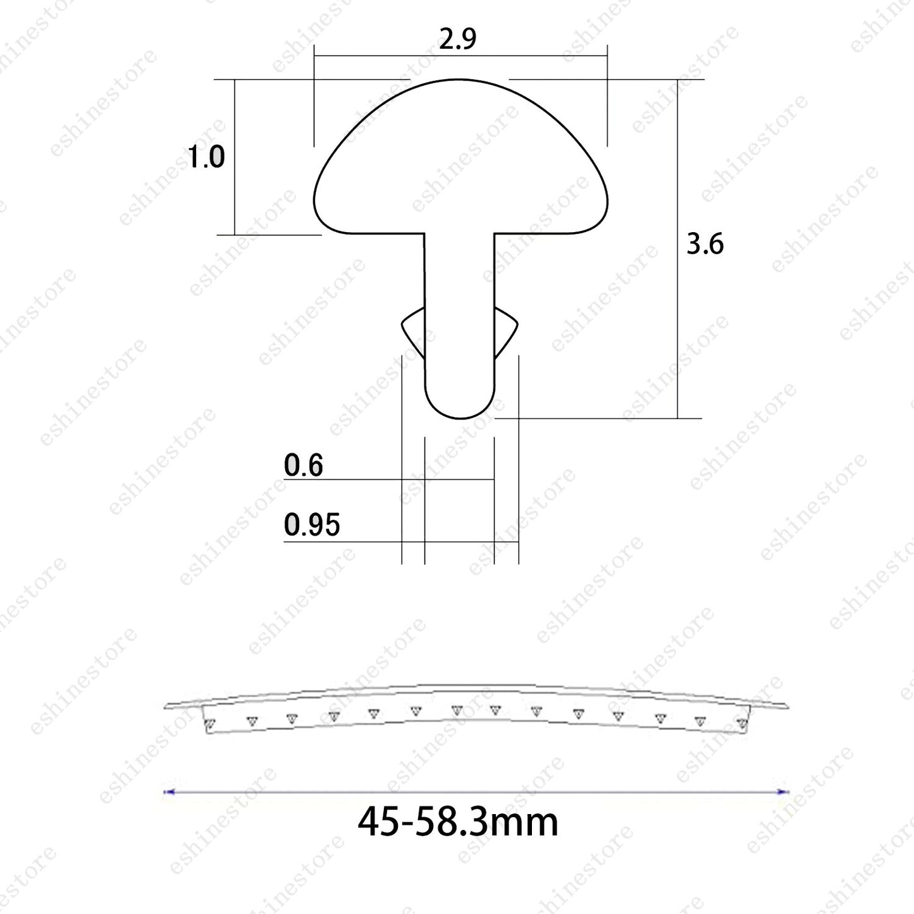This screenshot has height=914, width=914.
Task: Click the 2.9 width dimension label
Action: coord(457,39)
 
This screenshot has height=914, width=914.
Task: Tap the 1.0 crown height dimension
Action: coord(206,157)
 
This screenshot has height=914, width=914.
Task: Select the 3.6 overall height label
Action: coord(705,244)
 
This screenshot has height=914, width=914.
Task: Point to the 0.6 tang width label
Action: coord(303,465)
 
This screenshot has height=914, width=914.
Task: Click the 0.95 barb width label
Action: coord(312,524)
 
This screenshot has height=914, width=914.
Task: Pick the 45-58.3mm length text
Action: coord(458,822)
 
